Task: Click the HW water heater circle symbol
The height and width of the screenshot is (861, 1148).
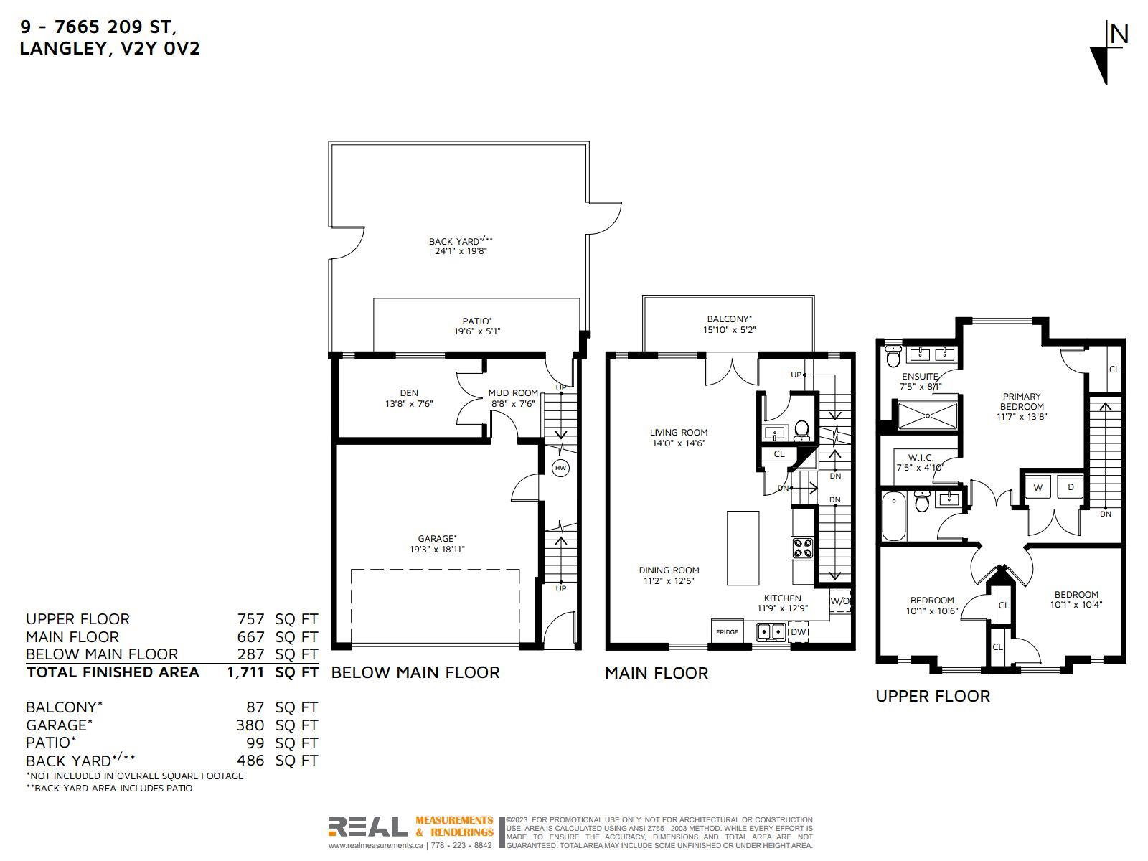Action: pyautogui.click(x=560, y=468)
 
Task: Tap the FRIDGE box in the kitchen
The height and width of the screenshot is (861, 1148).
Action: pyautogui.click(x=727, y=631)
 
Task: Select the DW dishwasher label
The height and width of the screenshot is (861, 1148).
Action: pyautogui.click(x=798, y=631)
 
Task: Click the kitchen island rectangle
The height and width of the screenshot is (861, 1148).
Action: pyautogui.click(x=743, y=548)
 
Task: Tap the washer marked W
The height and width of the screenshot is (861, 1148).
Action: pyautogui.click(x=1038, y=488)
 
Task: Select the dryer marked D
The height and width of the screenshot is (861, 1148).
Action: pyautogui.click(x=1071, y=487)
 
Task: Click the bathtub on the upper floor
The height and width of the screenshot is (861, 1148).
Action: pyautogui.click(x=895, y=517)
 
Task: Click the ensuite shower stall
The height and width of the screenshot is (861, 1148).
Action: pyautogui.click(x=927, y=416)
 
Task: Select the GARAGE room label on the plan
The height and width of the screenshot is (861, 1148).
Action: pyautogui.click(x=437, y=538)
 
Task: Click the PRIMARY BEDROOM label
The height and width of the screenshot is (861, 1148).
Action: pyautogui.click(x=1022, y=401)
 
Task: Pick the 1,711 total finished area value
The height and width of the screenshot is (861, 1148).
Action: pyautogui.click(x=246, y=672)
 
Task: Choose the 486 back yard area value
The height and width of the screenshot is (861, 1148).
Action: pyautogui.click(x=250, y=760)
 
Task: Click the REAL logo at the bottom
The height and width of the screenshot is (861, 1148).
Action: pyautogui.click(x=368, y=827)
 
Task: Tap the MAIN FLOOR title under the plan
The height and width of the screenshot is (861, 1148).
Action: pyautogui.click(x=657, y=673)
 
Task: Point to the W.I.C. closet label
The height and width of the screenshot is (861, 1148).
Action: pyautogui.click(x=921, y=458)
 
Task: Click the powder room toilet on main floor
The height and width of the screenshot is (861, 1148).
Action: pyautogui.click(x=801, y=430)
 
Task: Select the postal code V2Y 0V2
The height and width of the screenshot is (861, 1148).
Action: pyautogui.click(x=160, y=49)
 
